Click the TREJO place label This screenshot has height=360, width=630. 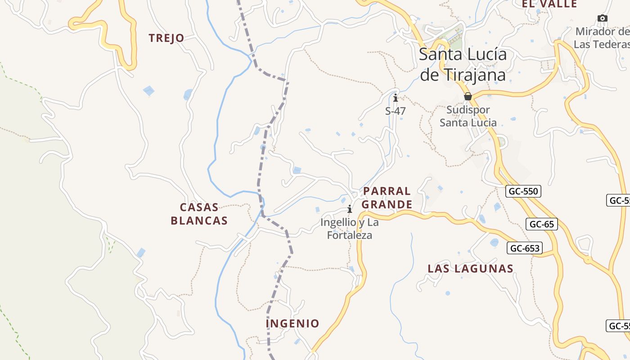coord(166,38)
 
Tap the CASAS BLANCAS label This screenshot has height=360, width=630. coord(199,214)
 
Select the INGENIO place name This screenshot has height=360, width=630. coord(292,324)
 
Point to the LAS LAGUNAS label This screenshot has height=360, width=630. coord(470,269)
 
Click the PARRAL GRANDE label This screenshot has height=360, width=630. coord(387,198)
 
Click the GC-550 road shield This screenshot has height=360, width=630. coord(523,191)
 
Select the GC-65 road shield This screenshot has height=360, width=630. coord(542,224)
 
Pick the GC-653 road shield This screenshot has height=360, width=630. coord(525,248)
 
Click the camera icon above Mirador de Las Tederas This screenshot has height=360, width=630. coord(602,18)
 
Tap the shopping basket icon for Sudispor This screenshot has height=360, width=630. coord(468,96)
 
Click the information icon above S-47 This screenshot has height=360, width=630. coord(396,98)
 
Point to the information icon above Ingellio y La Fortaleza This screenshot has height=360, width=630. coord(350,209)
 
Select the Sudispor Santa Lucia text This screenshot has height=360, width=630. coord(468,116)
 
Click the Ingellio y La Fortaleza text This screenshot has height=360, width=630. coord(350,229)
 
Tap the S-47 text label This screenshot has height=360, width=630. coord(396,111)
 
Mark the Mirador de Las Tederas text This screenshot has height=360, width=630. coord(602,38)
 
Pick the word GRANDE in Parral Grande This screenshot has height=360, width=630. coord(387,205)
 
